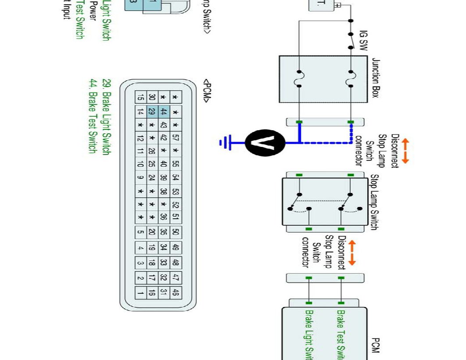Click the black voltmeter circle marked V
click(265, 143)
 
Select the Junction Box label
click(376, 78)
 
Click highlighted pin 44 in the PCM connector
click(164, 112)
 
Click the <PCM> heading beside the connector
click(206, 91)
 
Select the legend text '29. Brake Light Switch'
click(106, 117)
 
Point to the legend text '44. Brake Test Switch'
click(93, 116)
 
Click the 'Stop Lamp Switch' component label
click(374, 202)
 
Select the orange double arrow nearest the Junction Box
click(405, 151)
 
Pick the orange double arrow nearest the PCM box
click(351, 253)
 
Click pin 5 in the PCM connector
click(140, 232)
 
